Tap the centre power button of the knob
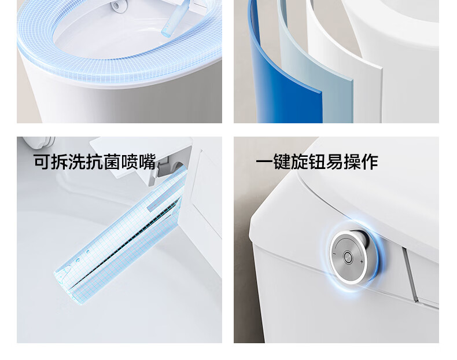coord(348,258)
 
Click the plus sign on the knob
coord(362,262)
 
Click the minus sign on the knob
coord(334,254)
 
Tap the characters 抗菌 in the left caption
coord(104,161)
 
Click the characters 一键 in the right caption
coord(273,162)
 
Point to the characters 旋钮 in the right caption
coord(308,162)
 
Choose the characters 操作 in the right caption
coord(361,162)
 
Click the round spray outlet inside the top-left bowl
coord(116,5)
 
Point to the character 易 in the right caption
coord(334,162)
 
